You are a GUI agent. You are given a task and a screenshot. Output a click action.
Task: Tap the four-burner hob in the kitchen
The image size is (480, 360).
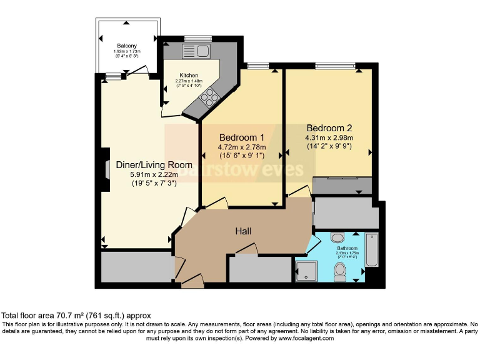coord(210,96)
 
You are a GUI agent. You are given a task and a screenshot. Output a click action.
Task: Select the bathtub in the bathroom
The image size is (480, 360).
coord(371,249)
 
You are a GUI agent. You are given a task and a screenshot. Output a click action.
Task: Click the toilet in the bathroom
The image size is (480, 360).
coord(340,270)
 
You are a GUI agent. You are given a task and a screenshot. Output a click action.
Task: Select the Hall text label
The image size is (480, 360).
coord(243,231)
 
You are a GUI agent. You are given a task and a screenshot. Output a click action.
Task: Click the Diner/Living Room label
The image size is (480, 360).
coord(153,165)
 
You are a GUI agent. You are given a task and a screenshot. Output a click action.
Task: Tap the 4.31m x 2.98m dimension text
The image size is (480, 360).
coord(329,138)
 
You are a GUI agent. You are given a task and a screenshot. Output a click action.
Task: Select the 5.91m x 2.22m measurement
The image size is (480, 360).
coord(153,175)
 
